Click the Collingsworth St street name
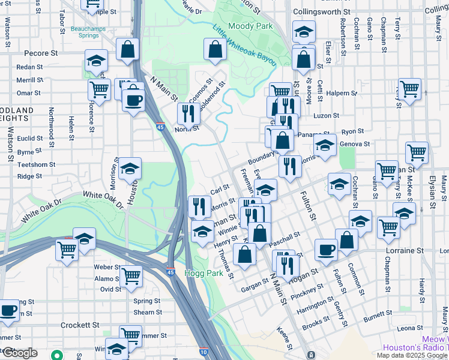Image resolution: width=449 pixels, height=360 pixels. [x=321, y=12]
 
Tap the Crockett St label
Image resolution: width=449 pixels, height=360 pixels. [x=80, y=325]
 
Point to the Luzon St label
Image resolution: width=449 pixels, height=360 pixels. [x=327, y=115]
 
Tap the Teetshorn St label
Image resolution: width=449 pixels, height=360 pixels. [x=36, y=164]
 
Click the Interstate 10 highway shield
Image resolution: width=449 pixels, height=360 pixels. [x=204, y=351]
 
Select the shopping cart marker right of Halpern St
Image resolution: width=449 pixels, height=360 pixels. [x=409, y=89]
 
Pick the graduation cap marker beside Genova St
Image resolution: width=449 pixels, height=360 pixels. [x=325, y=145]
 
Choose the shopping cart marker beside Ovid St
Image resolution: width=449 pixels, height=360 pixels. [x=131, y=277]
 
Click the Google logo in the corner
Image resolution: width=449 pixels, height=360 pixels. [x=20, y=353]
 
